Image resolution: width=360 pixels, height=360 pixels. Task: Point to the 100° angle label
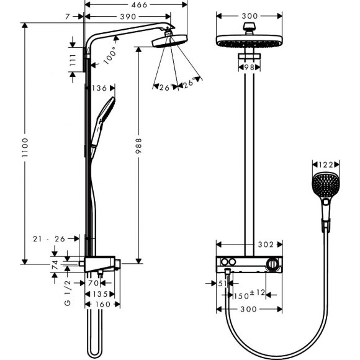pos(110,56)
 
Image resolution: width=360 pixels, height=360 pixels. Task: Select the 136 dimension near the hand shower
pos(101,88)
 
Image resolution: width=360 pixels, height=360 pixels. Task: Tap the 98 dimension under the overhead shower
pos(249,66)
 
